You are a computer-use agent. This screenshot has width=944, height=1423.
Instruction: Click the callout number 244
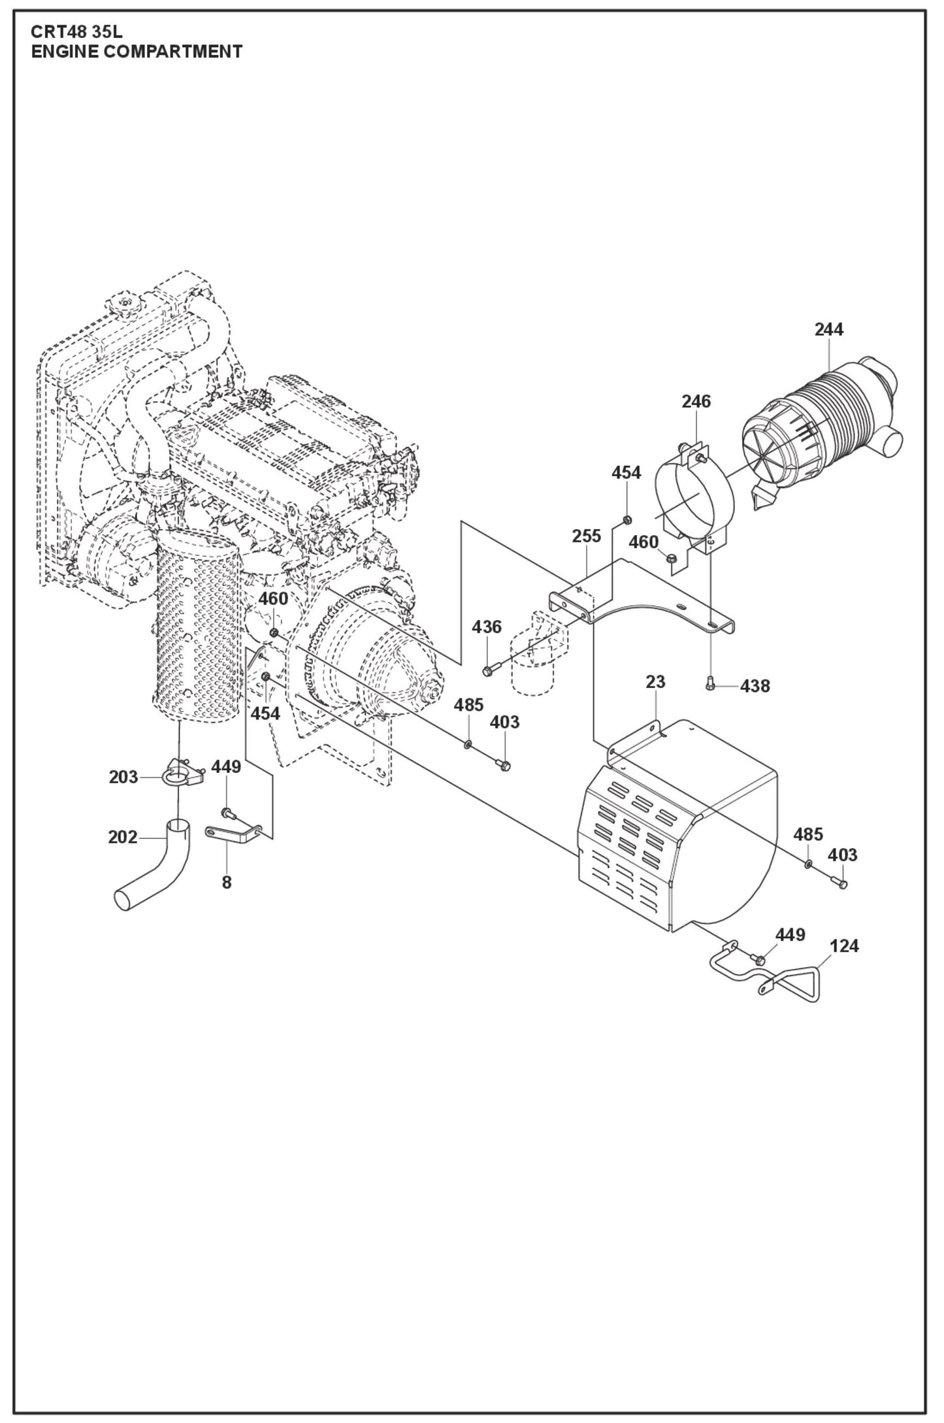coord(828,329)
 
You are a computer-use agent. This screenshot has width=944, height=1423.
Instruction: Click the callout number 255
coord(586,536)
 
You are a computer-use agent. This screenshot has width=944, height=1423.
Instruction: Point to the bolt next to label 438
coord(711,684)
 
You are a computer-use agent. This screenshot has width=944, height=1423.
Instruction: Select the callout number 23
coord(655,682)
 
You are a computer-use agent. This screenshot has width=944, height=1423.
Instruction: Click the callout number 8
coord(226,883)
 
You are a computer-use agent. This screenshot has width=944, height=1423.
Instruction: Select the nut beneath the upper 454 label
coord(627,520)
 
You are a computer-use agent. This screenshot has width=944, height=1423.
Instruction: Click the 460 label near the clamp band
coord(643,542)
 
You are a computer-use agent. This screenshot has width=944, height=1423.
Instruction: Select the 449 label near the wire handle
coord(790,935)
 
